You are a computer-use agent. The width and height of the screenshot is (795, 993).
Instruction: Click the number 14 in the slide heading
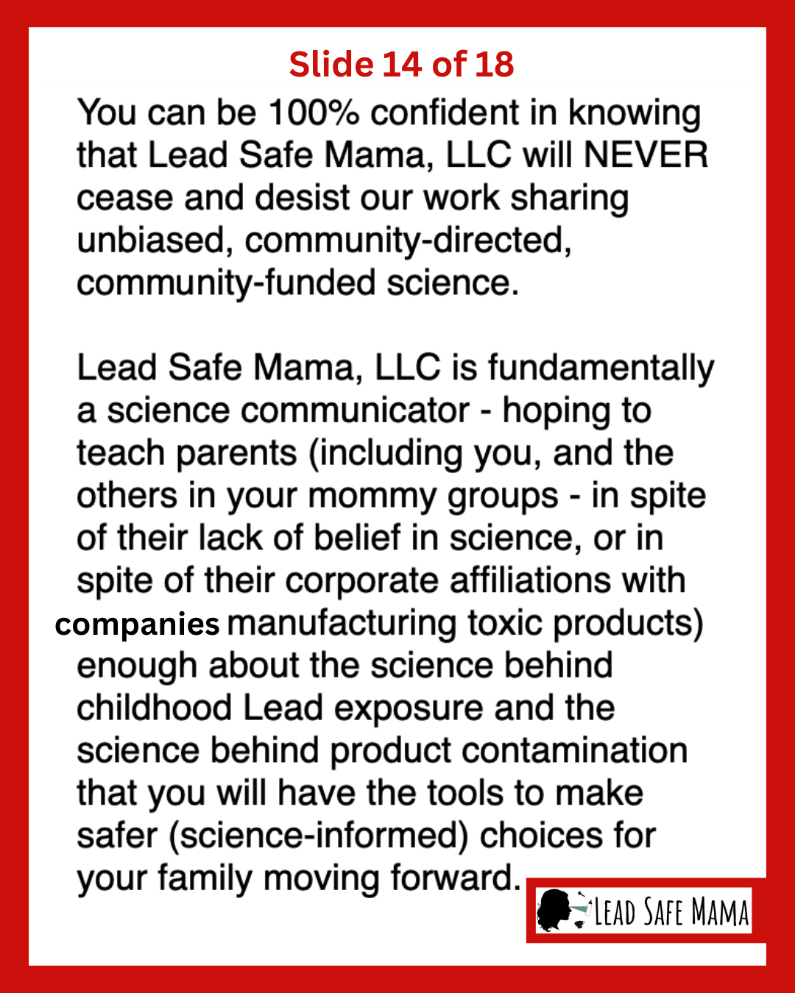click(402, 65)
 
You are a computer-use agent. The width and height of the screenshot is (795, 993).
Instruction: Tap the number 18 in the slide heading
click(494, 65)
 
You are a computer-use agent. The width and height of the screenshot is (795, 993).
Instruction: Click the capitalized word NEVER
click(646, 155)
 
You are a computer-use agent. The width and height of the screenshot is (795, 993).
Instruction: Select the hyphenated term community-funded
click(226, 283)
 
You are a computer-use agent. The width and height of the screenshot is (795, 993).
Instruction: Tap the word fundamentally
click(601, 368)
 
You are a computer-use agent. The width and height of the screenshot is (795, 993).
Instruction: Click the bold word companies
click(137, 624)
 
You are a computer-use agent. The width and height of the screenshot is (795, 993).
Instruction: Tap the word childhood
click(155, 708)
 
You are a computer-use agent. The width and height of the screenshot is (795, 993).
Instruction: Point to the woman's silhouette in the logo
click(554, 911)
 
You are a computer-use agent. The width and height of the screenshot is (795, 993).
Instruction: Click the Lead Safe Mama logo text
click(671, 913)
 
